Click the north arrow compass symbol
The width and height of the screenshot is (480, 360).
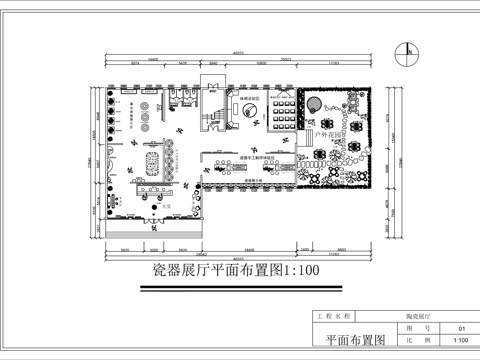(409, 48)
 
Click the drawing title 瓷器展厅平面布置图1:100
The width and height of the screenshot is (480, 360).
(236, 270)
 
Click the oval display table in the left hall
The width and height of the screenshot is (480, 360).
(154, 160)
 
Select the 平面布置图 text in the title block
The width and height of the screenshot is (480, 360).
(356, 341)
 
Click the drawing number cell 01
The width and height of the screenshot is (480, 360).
(461, 327)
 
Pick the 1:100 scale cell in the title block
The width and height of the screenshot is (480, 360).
(461, 341)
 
